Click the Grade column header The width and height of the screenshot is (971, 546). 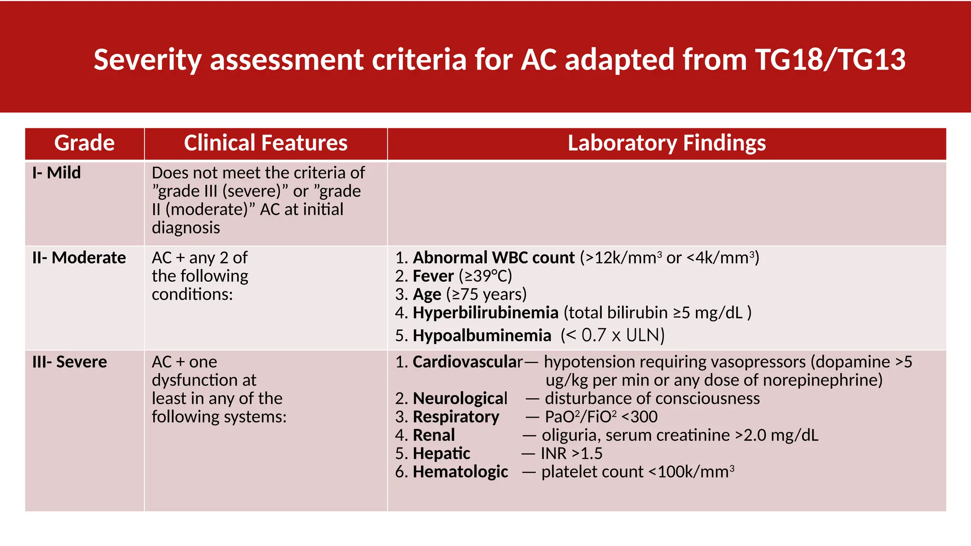pos(84,143)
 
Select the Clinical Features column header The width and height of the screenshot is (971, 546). pos(266,143)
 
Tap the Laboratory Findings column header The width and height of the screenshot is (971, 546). pos(667,143)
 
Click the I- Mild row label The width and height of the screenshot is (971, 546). pos(56,173)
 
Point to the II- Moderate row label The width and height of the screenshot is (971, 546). pos(79,258)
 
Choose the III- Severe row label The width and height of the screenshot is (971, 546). pos(70,362)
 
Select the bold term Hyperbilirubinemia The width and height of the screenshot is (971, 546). pos(485,313)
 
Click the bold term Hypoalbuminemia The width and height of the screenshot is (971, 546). pos(482,336)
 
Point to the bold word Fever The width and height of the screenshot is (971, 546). pos(433,276)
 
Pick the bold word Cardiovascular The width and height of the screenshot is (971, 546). pos(467,362)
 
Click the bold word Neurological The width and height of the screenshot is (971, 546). pos(460,399)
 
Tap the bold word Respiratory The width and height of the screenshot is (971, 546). pos(456,417)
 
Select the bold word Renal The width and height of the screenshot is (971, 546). pos(434,435)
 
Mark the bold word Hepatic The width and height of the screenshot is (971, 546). pos(441,454)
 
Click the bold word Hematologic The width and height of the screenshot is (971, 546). pos(460,472)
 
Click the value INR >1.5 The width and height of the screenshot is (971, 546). pos(571,454)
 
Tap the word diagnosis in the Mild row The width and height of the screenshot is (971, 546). pos(186,228)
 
